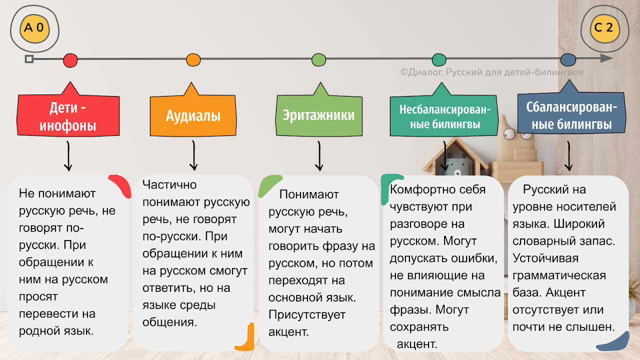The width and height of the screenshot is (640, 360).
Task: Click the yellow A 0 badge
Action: pos(34,28)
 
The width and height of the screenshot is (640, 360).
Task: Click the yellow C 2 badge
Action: pos(605,28)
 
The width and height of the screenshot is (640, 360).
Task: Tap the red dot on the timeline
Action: pos(70,60)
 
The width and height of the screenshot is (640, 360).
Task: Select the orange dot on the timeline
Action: pos(193,59)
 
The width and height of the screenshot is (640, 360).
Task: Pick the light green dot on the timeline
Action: pos(319,59)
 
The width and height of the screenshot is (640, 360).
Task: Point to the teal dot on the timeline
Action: pos(439,59)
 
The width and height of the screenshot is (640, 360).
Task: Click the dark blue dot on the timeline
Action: pos(568,59)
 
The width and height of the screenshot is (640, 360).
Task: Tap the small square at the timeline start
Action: pos(29,59)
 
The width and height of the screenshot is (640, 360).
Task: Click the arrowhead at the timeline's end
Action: pos(606,58)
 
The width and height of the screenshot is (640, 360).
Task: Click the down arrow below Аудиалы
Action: pos(193,155)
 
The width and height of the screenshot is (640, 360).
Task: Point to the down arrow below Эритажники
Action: pos(319,155)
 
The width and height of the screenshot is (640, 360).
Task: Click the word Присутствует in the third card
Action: pos(307,315)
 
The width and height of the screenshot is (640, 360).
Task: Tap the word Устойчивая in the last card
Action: pos(545,258)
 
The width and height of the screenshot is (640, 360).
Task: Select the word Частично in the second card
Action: pos(169,185)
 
